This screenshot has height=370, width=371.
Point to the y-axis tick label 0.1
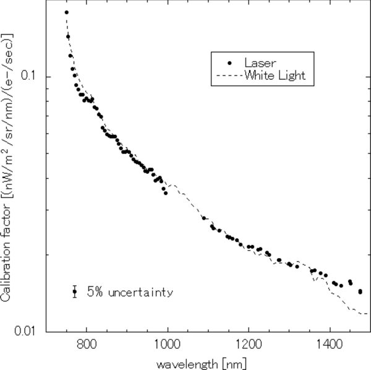click(x=32, y=75)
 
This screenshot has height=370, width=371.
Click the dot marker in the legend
click(x=229, y=62)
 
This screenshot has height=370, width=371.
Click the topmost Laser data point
click(x=67, y=12)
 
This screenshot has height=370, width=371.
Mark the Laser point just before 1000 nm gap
click(x=166, y=192)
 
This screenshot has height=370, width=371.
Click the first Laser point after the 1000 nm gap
click(x=204, y=218)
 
